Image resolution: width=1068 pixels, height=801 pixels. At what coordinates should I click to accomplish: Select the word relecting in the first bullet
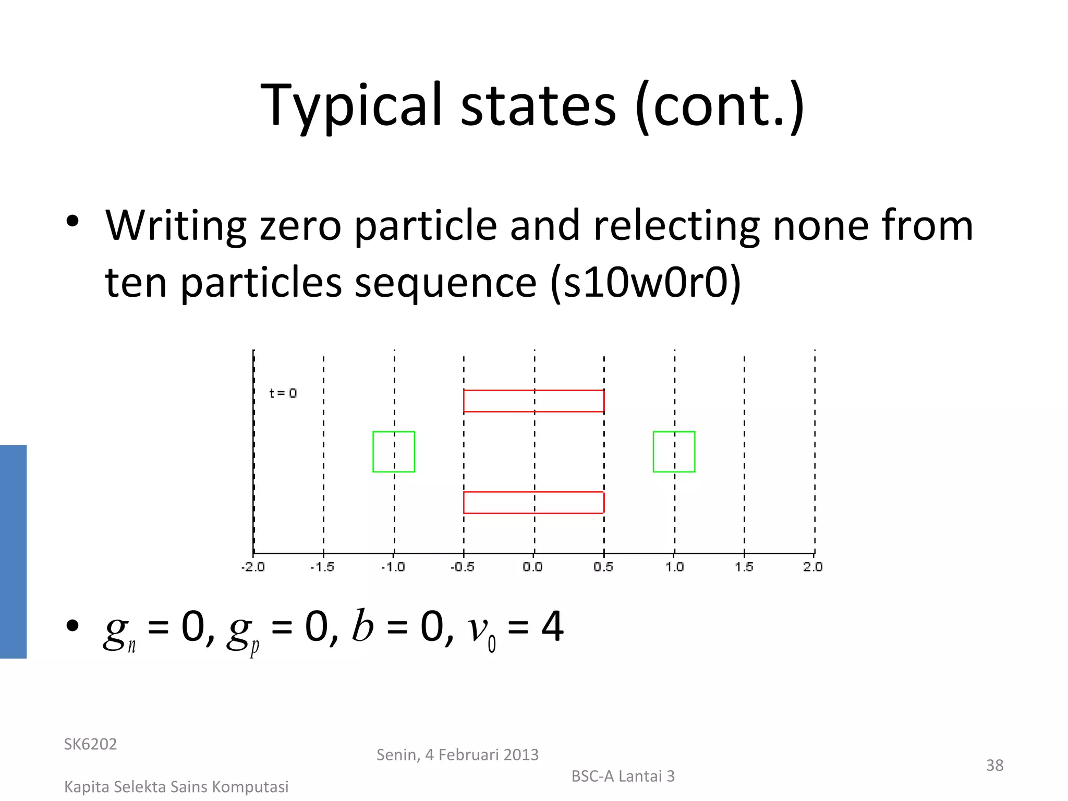(676, 225)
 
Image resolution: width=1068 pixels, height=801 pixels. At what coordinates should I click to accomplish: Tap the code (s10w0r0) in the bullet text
(646, 282)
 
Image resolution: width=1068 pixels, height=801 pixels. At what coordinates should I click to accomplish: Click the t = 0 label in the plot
(283, 393)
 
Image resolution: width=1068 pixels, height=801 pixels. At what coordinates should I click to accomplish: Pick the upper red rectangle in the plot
(533, 401)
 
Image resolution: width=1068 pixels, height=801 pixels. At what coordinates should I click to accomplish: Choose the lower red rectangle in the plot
(533, 502)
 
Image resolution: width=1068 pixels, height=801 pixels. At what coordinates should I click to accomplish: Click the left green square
(394, 452)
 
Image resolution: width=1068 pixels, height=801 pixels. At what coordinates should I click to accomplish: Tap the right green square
(674, 452)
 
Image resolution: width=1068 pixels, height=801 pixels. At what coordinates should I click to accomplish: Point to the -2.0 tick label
(253, 567)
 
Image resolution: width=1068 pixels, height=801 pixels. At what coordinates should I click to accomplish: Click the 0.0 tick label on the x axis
(533, 567)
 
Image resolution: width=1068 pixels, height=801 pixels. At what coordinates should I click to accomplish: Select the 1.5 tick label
(744, 567)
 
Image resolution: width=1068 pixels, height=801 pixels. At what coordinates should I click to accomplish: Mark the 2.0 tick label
(813, 567)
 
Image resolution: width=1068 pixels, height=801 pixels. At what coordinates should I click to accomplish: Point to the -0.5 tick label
(463, 567)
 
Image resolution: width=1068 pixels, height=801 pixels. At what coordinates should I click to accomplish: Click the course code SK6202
(90, 744)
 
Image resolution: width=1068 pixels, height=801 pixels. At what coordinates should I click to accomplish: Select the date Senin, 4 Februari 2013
(457, 755)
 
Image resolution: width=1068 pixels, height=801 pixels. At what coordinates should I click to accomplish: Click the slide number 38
(994, 765)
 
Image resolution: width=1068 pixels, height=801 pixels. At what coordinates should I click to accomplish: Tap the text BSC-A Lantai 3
(623, 776)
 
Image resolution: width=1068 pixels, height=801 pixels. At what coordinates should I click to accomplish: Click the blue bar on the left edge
(13, 551)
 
